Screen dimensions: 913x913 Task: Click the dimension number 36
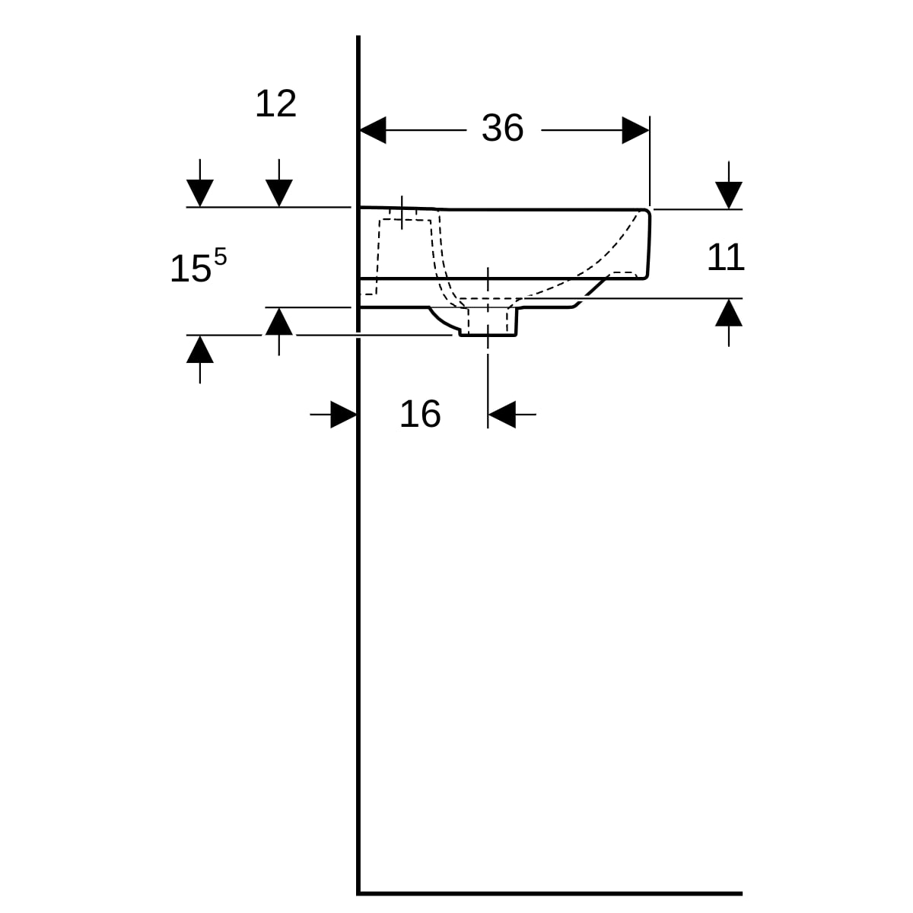point(502,128)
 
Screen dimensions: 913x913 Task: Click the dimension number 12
point(275,103)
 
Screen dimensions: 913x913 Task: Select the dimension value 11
point(725,257)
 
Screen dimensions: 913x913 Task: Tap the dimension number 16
point(420,414)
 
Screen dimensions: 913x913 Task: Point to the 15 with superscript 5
point(197,268)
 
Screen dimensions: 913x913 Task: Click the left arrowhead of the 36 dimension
point(373,130)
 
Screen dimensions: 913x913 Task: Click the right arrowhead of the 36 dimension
point(635,130)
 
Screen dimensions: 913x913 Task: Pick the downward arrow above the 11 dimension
point(729,196)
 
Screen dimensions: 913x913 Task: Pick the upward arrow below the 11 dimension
point(729,312)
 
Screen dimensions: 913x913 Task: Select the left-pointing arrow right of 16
point(501,415)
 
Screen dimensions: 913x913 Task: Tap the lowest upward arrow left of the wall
point(200,349)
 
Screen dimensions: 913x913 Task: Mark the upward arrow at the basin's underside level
point(279,321)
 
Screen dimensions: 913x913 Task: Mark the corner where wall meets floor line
point(358,892)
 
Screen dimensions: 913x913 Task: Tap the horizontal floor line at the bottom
point(548,892)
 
